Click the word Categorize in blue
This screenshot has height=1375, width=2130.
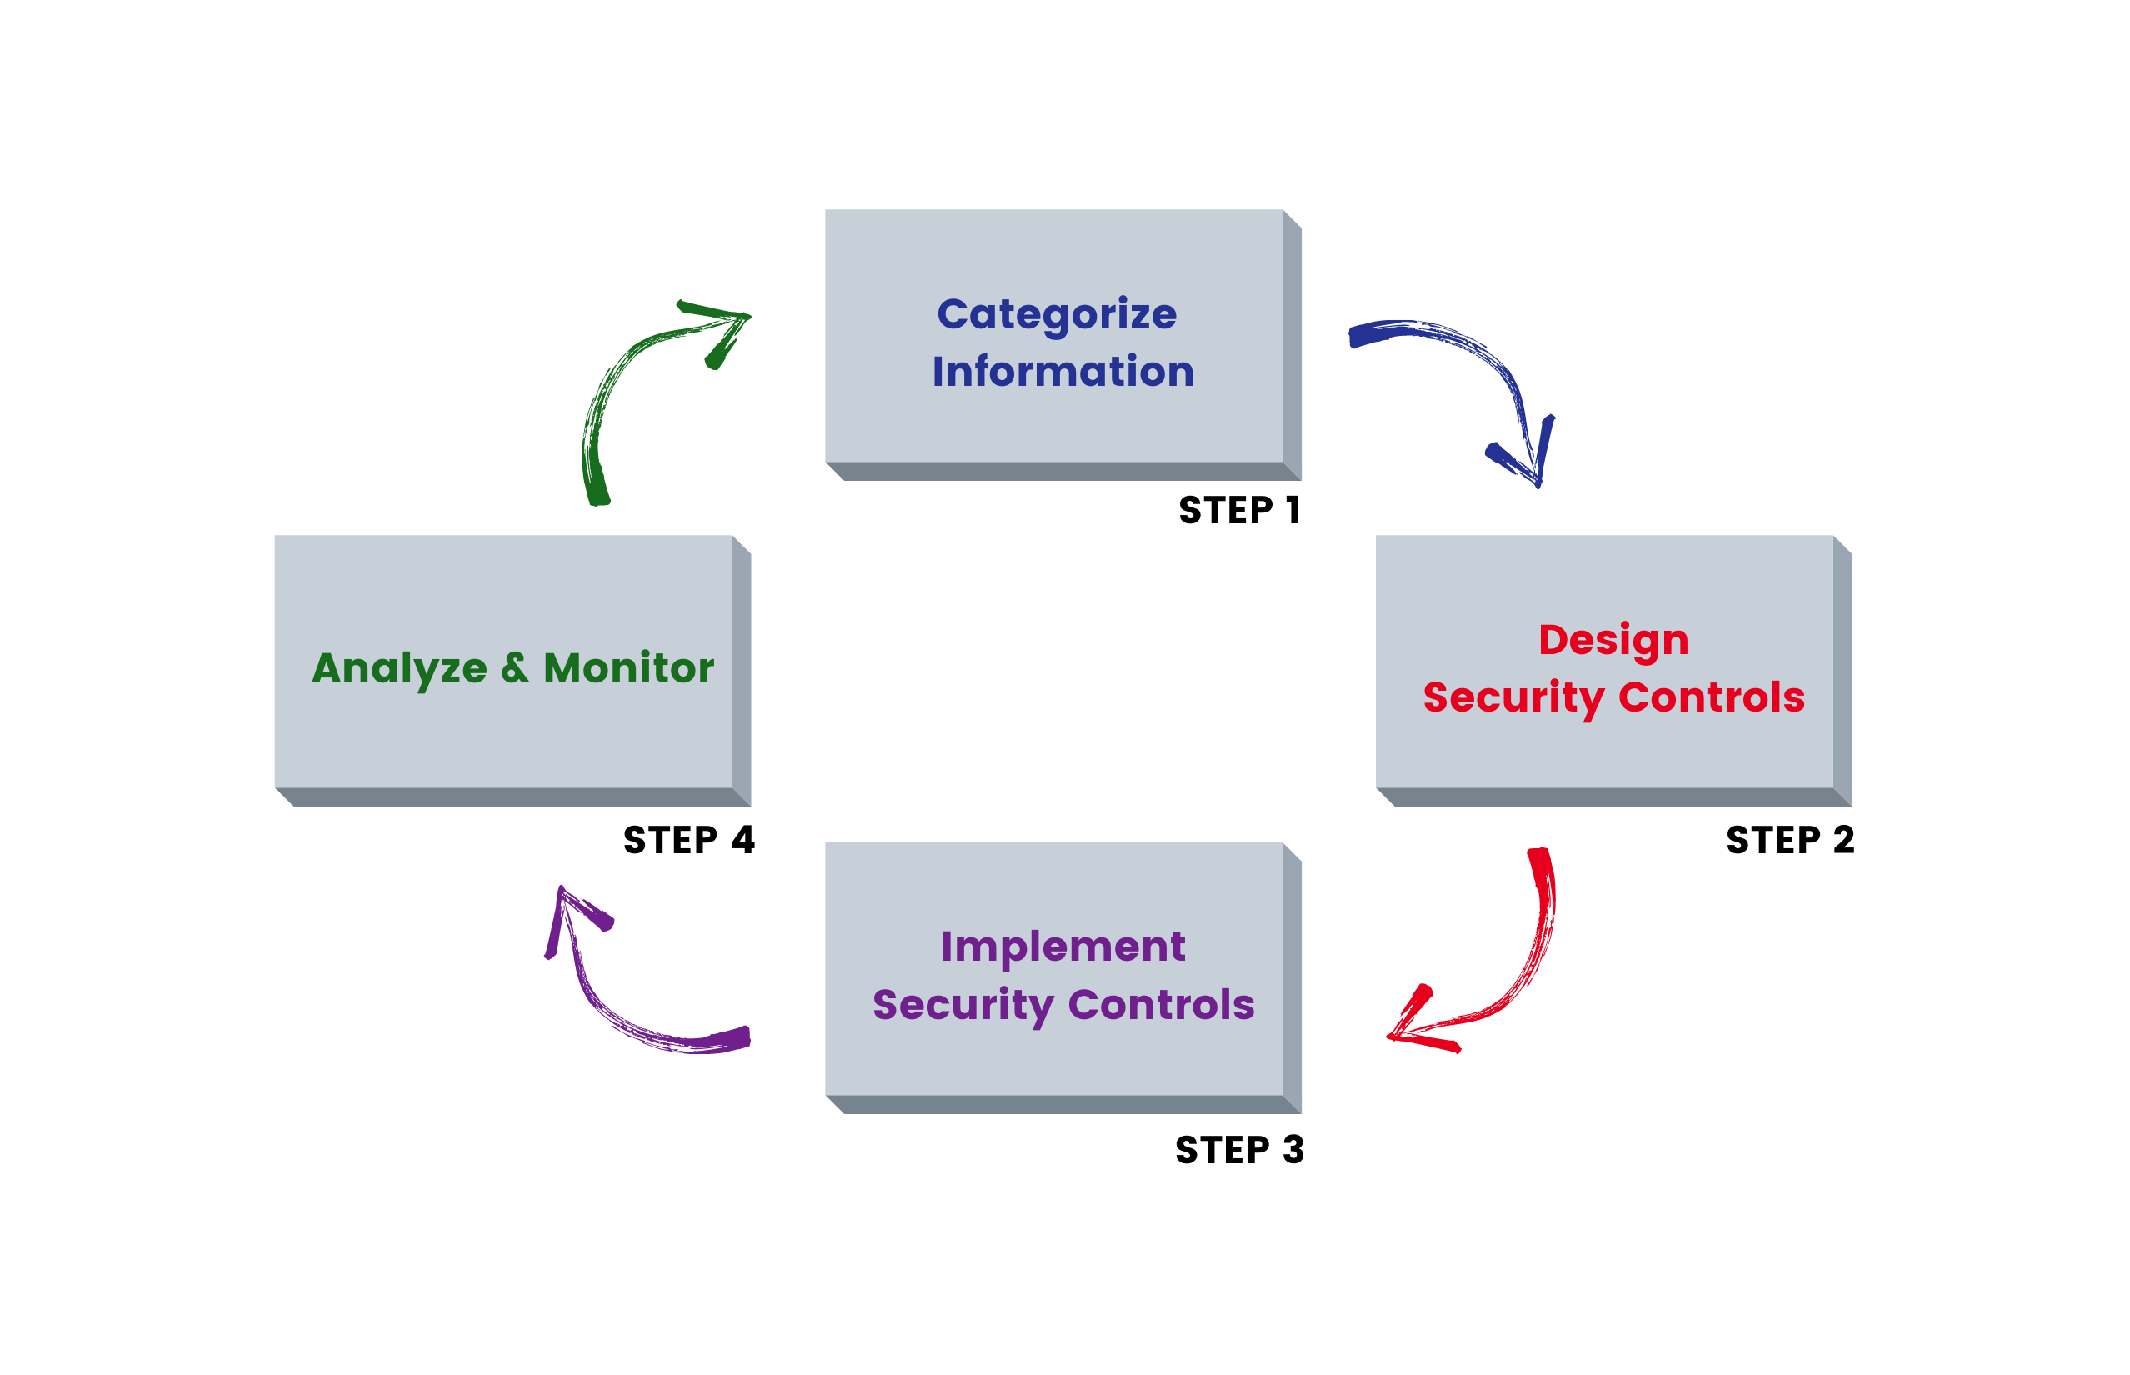(x=1056, y=315)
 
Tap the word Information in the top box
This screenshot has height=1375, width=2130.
(x=1062, y=372)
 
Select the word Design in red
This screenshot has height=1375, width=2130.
(x=1613, y=641)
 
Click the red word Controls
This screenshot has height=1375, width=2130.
(x=1712, y=697)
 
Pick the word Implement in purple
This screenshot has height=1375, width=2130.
(x=1062, y=947)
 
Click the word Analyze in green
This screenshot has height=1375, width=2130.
(x=399, y=668)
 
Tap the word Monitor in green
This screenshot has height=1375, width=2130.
(x=628, y=668)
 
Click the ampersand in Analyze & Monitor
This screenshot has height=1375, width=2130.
(x=514, y=668)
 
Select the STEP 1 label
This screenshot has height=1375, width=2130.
(x=1239, y=511)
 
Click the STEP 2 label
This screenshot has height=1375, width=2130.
(x=1790, y=840)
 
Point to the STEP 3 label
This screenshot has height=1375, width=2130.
(x=1239, y=1150)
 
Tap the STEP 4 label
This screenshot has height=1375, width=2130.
(x=688, y=840)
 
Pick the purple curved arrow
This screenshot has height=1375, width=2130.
(x=616, y=1009)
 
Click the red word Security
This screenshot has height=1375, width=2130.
(x=1513, y=697)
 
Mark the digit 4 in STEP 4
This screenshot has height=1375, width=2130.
(x=742, y=840)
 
